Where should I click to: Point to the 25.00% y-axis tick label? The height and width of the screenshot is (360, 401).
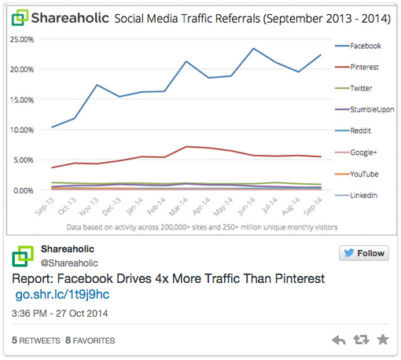(21, 39)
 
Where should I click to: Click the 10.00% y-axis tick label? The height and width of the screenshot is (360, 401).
(21, 130)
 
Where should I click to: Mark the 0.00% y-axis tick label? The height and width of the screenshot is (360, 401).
(23, 190)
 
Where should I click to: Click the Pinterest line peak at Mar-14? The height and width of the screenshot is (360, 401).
(186, 147)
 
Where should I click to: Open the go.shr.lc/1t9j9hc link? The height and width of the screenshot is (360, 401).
(62, 295)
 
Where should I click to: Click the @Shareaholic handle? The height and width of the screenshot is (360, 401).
(69, 263)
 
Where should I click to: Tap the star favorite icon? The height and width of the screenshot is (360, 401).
(383, 340)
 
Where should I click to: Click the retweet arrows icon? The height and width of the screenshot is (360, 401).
(361, 340)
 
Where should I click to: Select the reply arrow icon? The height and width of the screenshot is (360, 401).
(339, 340)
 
